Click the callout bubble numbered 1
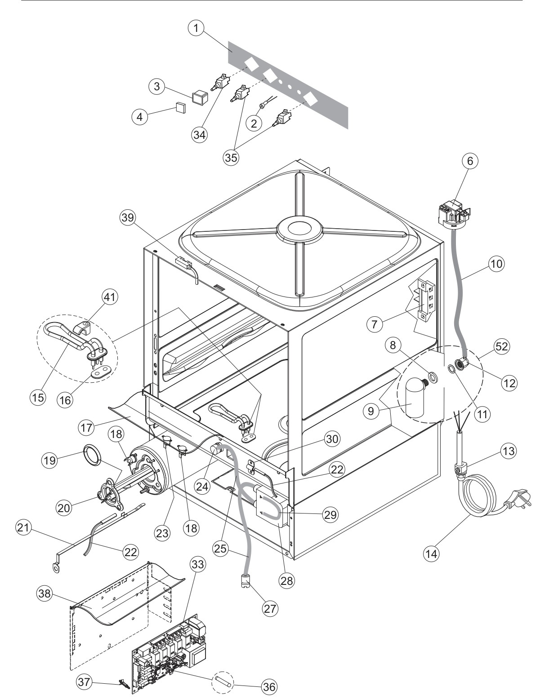[196, 28]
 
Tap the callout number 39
[128, 217]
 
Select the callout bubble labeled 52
[501, 346]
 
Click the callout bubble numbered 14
[432, 553]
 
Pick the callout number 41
[110, 297]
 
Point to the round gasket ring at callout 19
[93, 456]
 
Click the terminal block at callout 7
[426, 300]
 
